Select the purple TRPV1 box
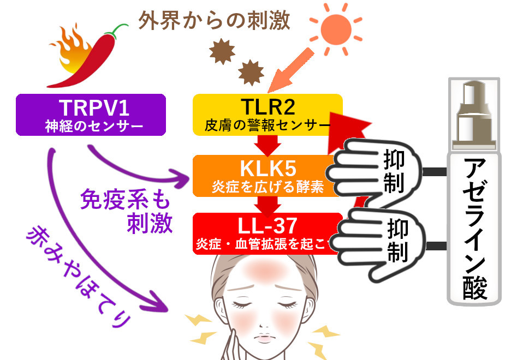click(x=91, y=115)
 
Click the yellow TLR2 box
click(x=268, y=113)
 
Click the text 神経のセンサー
click(x=91, y=127)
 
